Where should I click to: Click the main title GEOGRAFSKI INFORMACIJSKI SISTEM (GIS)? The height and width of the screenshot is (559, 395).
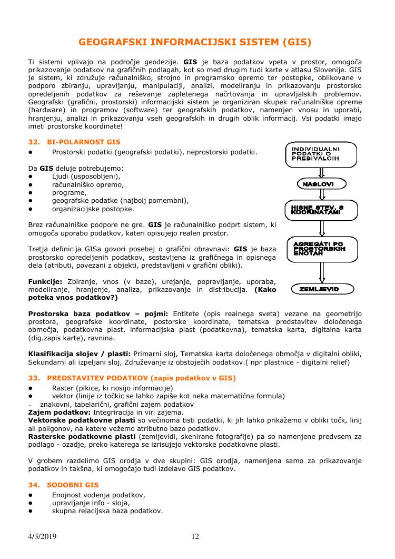195,42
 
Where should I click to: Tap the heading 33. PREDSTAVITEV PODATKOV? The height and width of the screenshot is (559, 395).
132,378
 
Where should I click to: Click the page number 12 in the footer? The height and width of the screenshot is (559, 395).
195,536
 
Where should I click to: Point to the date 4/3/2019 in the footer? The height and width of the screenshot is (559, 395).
42,536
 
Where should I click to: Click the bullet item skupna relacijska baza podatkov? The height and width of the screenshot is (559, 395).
107,511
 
